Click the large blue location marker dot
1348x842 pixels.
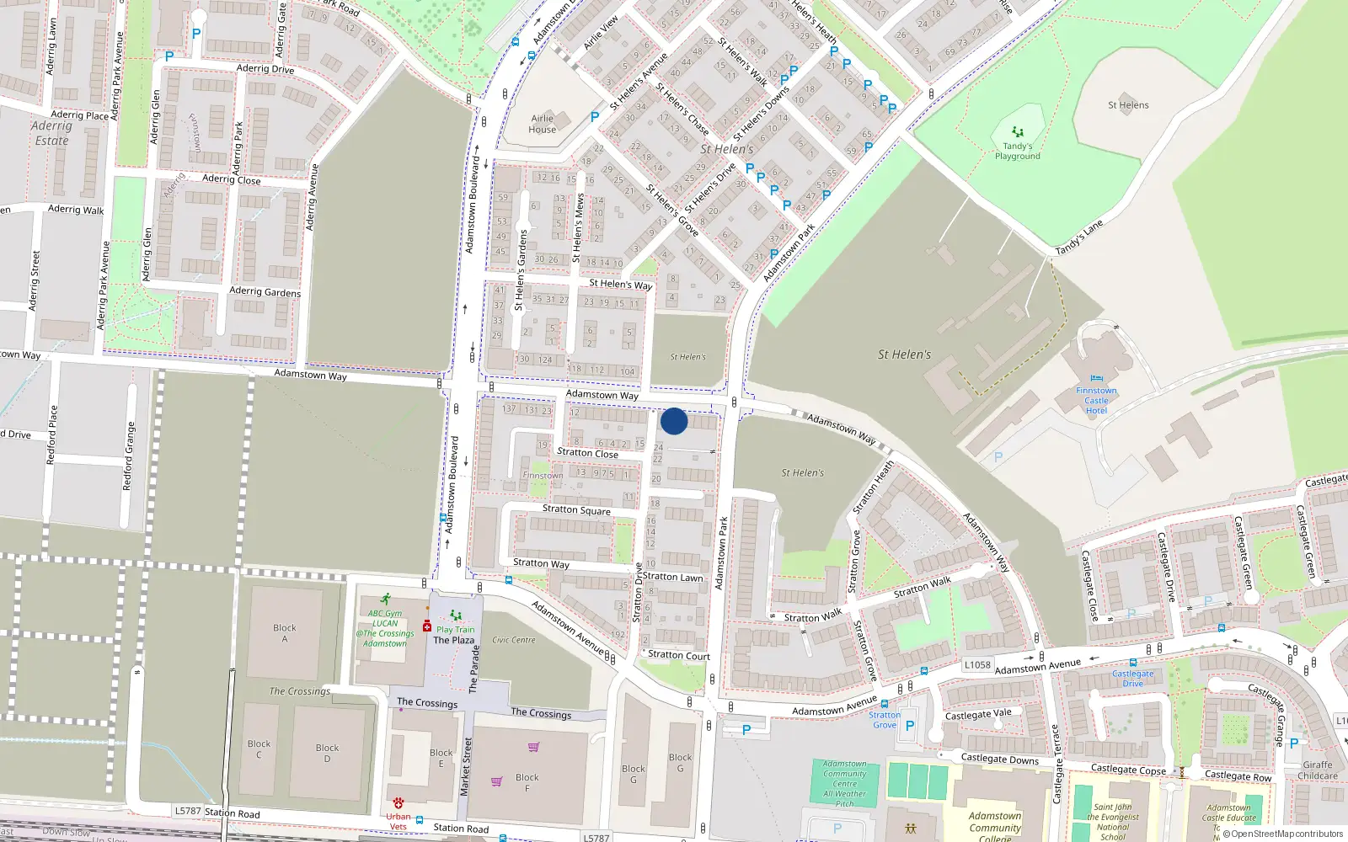tap(674, 421)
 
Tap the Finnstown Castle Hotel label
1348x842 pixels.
tap(1096, 401)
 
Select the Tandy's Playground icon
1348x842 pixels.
tap(1018, 132)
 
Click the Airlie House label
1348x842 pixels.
tap(543, 124)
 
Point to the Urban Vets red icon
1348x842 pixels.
tap(398, 803)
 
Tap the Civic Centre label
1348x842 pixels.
tap(514, 640)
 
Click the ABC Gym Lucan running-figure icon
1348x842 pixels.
tap(385, 600)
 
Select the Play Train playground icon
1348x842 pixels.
tap(456, 616)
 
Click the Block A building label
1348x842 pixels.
tap(285, 633)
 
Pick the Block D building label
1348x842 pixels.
tap(327, 753)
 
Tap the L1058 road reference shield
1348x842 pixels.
tap(977, 665)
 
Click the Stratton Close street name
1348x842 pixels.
tap(587, 453)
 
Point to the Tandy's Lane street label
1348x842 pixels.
tap(1079, 238)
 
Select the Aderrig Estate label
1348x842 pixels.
tap(52, 133)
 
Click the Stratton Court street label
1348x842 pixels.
tap(679, 655)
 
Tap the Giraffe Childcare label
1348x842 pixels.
tap(1318, 770)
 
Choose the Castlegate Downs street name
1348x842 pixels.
tap(1000, 759)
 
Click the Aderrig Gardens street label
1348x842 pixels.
tap(265, 291)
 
